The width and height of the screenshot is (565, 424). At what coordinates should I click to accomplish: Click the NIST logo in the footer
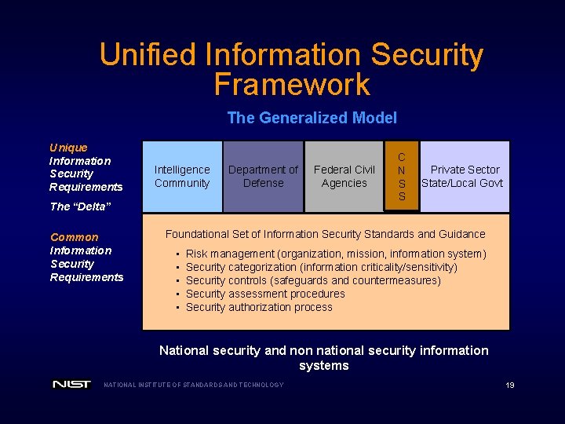tap(72, 384)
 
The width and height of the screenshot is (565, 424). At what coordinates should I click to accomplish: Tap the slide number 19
tap(510, 385)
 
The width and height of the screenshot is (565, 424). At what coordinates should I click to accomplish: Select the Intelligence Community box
tap(182, 177)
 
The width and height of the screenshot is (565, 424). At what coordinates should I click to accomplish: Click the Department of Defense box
tap(263, 177)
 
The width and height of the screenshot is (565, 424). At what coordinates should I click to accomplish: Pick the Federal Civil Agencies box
tap(344, 177)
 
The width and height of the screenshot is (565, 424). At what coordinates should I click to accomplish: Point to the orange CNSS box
tap(402, 177)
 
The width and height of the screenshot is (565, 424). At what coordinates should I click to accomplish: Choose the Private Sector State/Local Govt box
tap(464, 177)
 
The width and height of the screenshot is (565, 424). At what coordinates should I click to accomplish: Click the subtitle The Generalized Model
tap(312, 118)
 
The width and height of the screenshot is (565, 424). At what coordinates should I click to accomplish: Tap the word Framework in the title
tap(291, 84)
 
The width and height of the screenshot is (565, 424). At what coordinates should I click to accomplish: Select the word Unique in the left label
tap(68, 148)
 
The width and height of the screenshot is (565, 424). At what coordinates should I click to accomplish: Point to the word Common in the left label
tap(75, 237)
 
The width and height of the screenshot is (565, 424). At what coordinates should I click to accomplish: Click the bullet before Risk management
tap(179, 254)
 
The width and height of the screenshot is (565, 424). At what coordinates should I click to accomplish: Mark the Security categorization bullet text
tap(321, 267)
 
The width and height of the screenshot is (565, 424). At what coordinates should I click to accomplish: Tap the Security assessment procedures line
tap(265, 294)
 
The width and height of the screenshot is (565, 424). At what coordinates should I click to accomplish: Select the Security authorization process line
tap(259, 307)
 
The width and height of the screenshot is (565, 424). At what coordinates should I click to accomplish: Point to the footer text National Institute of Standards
tap(194, 385)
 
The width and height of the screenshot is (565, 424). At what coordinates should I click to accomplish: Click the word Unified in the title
tap(148, 55)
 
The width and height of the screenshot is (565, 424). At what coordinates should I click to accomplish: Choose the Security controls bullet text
tap(312, 280)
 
